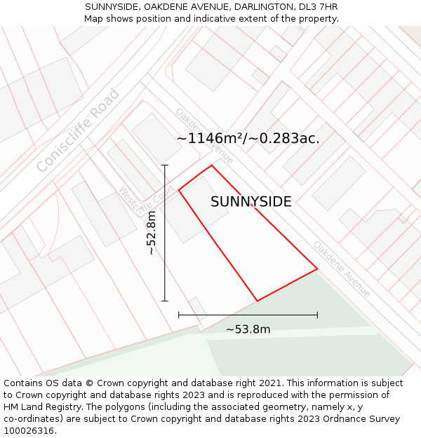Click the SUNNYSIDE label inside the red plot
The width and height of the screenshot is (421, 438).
point(250,202)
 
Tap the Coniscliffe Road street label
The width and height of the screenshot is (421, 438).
point(78,131)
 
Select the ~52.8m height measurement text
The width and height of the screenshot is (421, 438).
point(152,233)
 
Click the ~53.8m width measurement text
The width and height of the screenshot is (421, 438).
point(248,329)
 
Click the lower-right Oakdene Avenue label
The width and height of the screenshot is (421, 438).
point(342,269)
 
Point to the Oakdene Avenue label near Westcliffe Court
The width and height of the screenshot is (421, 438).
point(204,135)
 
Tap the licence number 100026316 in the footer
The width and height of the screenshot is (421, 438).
point(29,431)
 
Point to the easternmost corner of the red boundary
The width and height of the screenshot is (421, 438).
point(317,268)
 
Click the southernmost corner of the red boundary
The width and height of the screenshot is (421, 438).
point(257,301)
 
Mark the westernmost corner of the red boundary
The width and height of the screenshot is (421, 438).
point(179,189)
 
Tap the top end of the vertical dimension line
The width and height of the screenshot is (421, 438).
point(165,165)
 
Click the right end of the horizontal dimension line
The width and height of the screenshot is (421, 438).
point(317,315)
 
